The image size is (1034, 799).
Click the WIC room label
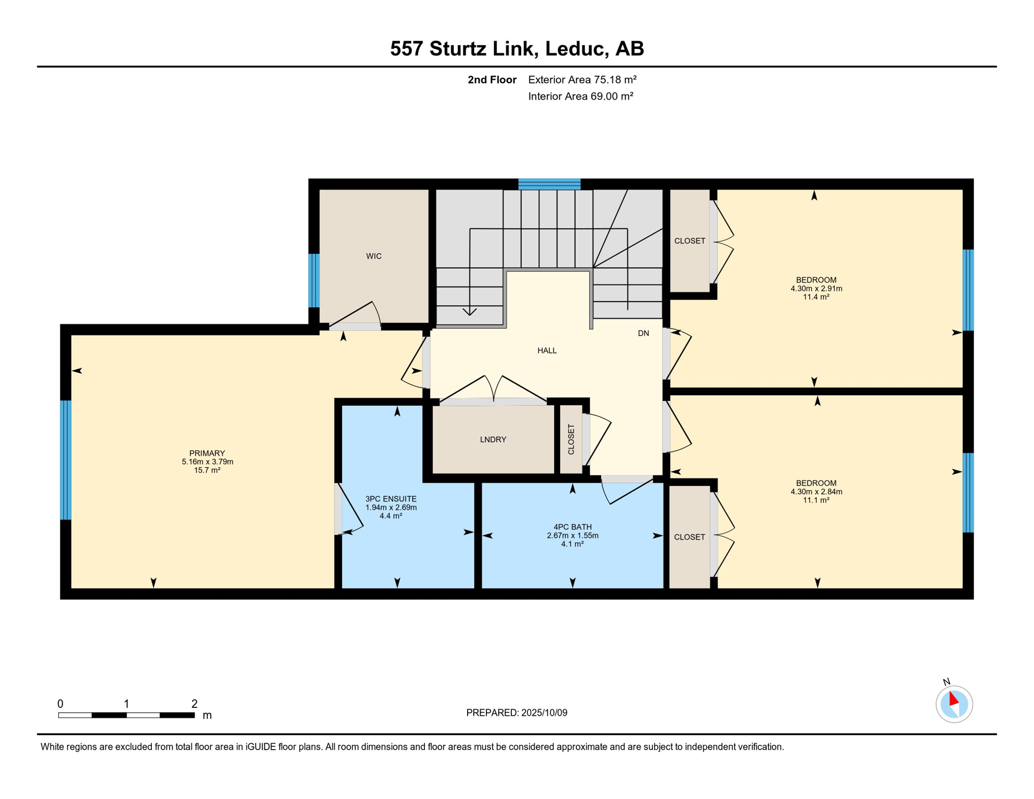tap(373, 256)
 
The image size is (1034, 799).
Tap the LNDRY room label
tap(493, 440)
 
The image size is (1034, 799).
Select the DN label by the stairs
tap(643, 333)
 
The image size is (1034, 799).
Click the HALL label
tap(547, 351)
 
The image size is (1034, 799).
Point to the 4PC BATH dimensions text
tap(572, 535)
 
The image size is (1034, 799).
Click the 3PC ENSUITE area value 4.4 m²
tap(391, 516)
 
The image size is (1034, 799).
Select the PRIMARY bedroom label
tap(207, 453)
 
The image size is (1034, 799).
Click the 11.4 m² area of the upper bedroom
tap(816, 297)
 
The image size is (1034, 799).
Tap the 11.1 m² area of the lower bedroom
tap(816, 500)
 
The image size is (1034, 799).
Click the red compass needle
tap(953, 698)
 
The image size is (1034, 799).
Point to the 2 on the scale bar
tap(195, 704)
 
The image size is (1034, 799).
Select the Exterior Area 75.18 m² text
tap(582, 80)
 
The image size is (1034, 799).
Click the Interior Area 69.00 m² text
tap(580, 96)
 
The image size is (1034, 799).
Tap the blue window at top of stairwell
tap(549, 184)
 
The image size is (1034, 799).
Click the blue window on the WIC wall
tap(314, 280)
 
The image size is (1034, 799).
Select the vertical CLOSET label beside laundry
tap(571, 440)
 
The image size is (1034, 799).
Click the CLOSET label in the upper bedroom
tap(690, 241)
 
